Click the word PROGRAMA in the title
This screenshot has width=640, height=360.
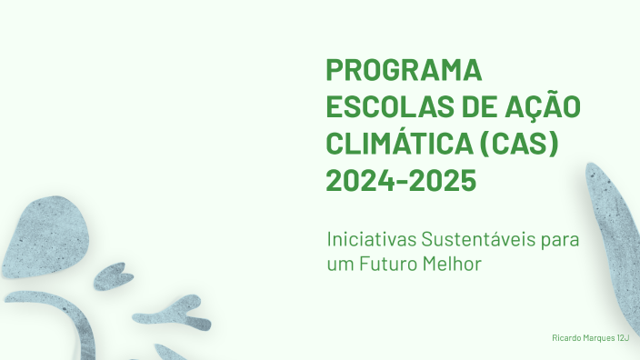click(x=403, y=70)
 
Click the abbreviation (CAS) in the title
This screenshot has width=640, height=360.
click(x=517, y=143)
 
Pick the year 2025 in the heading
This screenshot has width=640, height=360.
click(x=441, y=180)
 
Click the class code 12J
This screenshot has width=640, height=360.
click(x=623, y=337)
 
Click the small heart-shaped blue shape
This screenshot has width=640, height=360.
click(x=114, y=275)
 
